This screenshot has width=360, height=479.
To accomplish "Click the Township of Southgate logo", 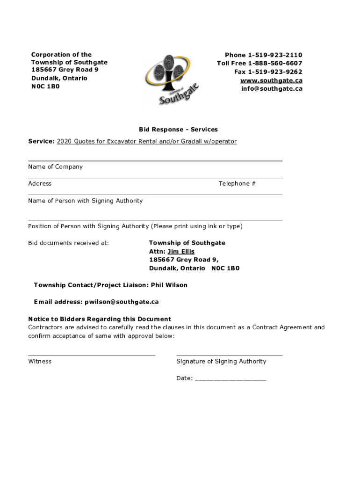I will tap(172, 80).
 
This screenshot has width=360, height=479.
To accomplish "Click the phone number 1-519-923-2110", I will tap(275, 55).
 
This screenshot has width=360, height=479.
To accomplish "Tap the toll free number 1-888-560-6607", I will tap(275, 64).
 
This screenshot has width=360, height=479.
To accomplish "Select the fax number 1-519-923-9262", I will tap(275, 72).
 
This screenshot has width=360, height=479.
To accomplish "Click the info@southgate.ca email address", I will tap(272, 88).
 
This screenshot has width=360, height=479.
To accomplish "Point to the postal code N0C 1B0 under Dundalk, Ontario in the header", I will tap(45, 87).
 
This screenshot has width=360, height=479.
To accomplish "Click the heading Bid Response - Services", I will tap(178, 130).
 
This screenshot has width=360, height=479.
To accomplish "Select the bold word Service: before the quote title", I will tap(42, 141).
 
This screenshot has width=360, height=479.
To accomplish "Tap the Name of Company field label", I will tap(55, 167).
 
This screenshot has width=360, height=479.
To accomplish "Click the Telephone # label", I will tap(237, 184).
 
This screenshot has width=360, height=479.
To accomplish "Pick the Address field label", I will tap(40, 184).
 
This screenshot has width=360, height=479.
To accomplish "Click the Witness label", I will tap(40, 362).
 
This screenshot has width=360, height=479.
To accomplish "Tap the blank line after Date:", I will tap(230, 379).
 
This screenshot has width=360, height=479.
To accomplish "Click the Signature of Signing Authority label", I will tap(221, 362).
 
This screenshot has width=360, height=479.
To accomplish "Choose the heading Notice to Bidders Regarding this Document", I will tap(100, 319).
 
